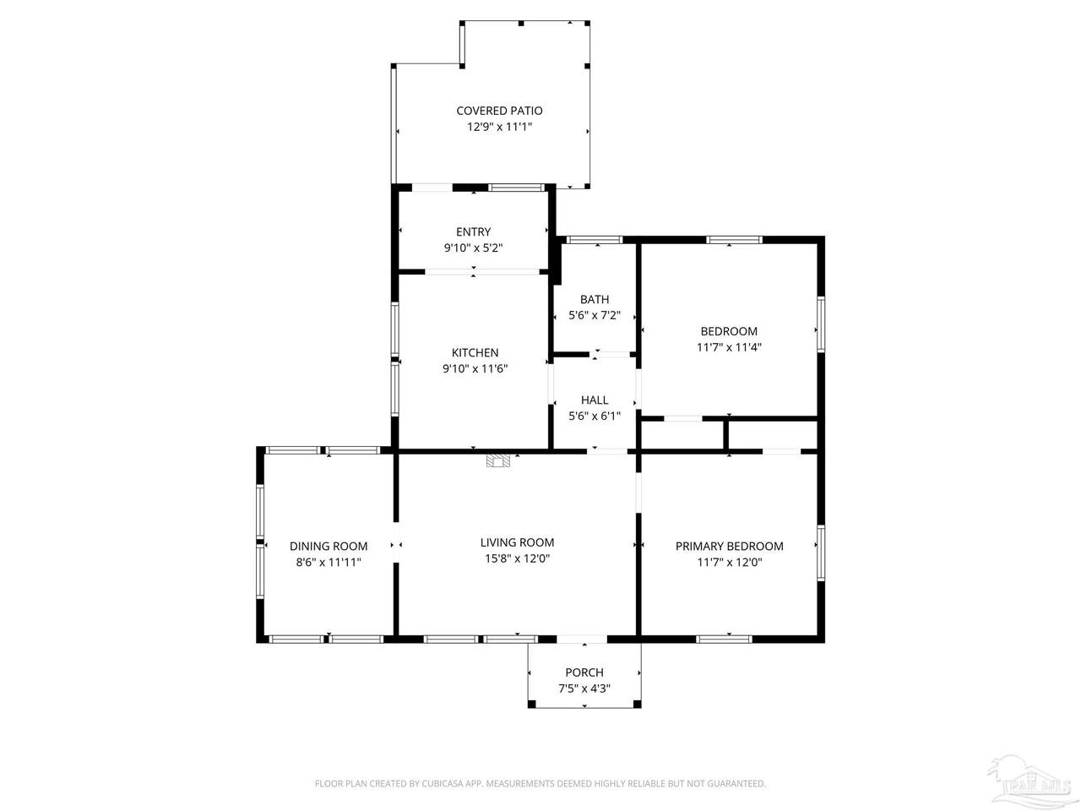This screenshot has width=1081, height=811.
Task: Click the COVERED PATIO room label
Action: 499,111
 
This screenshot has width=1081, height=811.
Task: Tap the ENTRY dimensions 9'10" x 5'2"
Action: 473,248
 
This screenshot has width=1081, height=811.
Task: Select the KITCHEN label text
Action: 475,352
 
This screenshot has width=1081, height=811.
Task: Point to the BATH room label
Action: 594,299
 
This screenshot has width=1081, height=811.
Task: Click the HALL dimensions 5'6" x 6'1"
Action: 594,416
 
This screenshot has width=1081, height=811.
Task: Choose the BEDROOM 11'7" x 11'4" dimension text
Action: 728,347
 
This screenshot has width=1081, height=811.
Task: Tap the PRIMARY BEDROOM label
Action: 729,546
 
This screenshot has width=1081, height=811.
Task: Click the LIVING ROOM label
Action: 517,542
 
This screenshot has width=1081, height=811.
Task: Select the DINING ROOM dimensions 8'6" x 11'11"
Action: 328,563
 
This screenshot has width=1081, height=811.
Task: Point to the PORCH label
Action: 584,672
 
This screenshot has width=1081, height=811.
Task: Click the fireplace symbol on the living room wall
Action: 498,460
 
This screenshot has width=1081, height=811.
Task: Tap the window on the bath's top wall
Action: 595,240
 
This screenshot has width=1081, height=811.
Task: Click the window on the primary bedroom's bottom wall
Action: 724,640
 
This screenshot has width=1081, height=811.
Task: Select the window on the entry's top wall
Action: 516,187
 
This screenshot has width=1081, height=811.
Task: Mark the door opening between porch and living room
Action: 582,640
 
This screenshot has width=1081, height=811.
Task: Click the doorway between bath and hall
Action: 610,354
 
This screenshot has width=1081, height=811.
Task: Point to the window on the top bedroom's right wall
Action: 821,324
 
